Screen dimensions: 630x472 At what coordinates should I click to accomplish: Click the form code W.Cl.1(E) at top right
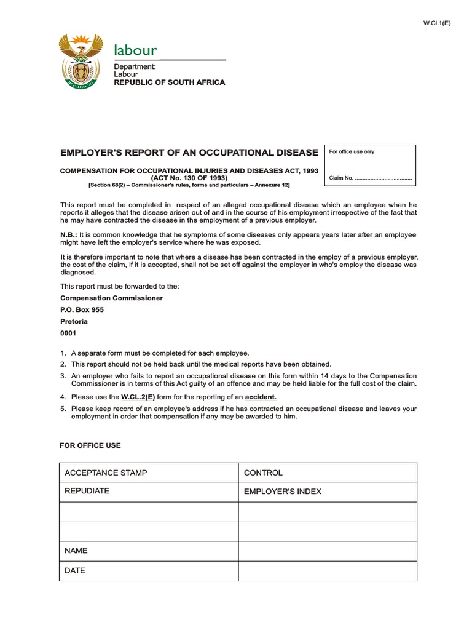coord(437,23)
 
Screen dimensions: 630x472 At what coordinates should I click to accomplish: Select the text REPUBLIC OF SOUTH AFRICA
coord(170,82)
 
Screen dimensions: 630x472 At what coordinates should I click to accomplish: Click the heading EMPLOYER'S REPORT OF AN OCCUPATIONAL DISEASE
coord(189,152)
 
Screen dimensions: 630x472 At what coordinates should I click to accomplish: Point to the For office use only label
coord(352,151)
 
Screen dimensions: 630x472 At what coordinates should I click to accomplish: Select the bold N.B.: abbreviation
coord(69,235)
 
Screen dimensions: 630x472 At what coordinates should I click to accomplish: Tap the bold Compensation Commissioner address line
coord(111,298)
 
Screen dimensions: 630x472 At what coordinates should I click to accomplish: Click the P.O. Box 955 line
coord(82,310)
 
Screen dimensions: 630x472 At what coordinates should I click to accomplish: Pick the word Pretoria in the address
coord(74,322)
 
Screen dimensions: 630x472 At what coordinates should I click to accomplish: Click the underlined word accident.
coord(261,397)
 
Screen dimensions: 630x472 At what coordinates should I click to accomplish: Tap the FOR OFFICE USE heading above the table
coord(90,445)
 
